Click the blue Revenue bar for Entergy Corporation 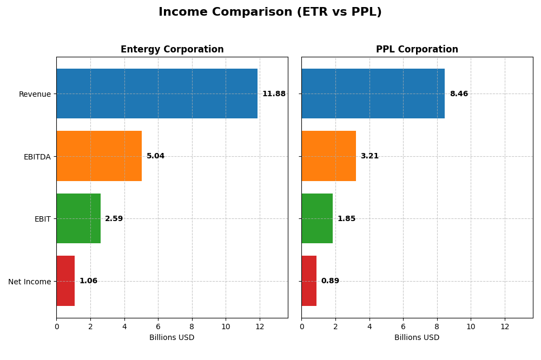tap(157, 94)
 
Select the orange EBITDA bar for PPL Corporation tap(328, 156)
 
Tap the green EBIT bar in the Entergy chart tap(78, 218)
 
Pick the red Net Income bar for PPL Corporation tap(309, 281)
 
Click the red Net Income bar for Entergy tap(65, 281)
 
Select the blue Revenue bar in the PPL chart tap(373, 94)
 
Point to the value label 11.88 tap(274, 94)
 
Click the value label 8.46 tap(459, 94)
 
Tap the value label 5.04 tap(155, 156)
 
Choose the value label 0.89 tap(330, 281)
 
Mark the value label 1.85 tap(346, 219)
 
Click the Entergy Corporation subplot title tap(172, 50)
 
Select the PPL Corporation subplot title tap(417, 50)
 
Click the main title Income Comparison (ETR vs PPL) tap(270, 12)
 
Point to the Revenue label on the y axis tap(35, 94)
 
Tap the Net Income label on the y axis tap(30, 282)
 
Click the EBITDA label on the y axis tap(37, 157)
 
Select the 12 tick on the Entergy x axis tap(260, 326)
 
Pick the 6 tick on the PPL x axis tap(403, 326)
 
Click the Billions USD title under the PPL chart tap(417, 338)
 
